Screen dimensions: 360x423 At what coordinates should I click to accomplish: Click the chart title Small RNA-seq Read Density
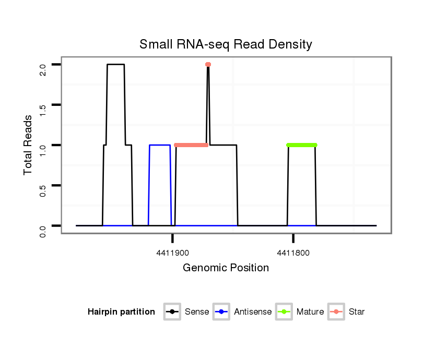(x=226, y=44)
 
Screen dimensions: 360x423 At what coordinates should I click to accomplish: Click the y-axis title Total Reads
(x=29, y=145)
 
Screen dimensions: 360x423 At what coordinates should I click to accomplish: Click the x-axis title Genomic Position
(x=226, y=268)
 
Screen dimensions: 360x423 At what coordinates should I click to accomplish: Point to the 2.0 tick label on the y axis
(x=43, y=65)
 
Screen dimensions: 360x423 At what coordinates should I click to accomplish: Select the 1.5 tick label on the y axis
(x=43, y=105)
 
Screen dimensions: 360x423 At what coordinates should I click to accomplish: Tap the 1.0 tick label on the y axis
(x=43, y=145)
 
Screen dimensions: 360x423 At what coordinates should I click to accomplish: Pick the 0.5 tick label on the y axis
(x=43, y=185)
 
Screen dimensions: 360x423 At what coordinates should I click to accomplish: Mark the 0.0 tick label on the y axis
(x=43, y=225)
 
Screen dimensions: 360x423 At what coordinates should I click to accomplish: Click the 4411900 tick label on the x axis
(x=172, y=253)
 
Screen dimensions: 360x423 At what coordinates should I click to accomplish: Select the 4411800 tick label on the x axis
(x=293, y=253)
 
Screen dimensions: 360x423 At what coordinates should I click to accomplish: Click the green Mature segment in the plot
(x=302, y=145)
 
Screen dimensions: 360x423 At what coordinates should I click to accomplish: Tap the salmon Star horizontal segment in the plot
(x=191, y=145)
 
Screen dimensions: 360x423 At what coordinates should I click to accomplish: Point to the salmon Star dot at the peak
(x=208, y=65)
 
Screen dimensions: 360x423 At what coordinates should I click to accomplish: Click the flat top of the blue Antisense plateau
(x=160, y=145)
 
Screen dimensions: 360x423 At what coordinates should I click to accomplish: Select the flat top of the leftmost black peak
(x=115, y=65)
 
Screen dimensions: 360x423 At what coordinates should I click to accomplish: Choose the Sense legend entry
(x=189, y=312)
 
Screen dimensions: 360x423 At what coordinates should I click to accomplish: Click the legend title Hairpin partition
(x=121, y=312)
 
